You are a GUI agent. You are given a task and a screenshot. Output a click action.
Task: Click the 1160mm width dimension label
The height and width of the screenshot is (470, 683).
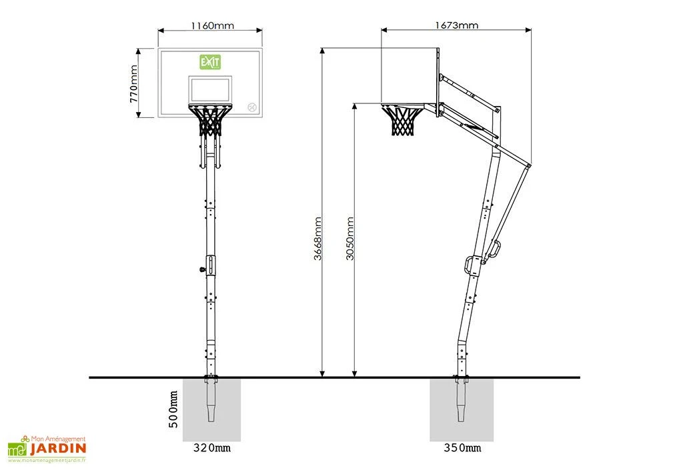[x=212, y=26]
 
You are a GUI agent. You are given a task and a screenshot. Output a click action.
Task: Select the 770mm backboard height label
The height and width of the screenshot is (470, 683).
[x=133, y=84]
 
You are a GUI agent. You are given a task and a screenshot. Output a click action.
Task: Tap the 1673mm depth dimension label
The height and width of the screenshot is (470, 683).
[x=456, y=25]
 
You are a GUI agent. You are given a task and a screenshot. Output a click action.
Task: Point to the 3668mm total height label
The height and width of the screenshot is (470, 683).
[x=318, y=239]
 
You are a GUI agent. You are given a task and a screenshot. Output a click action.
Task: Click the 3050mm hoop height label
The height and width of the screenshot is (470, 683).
[x=350, y=239]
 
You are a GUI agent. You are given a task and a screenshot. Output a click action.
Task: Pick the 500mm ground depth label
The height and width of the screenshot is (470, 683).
[x=173, y=409]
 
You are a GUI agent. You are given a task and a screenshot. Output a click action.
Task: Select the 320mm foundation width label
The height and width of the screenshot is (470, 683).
[x=212, y=448]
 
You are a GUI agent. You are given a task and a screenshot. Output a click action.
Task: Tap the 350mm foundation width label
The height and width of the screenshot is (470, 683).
[x=463, y=448]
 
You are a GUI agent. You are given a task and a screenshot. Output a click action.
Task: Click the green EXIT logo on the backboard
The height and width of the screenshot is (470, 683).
[x=210, y=62]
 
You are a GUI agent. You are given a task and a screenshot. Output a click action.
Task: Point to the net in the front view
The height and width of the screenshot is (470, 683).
[x=210, y=121]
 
